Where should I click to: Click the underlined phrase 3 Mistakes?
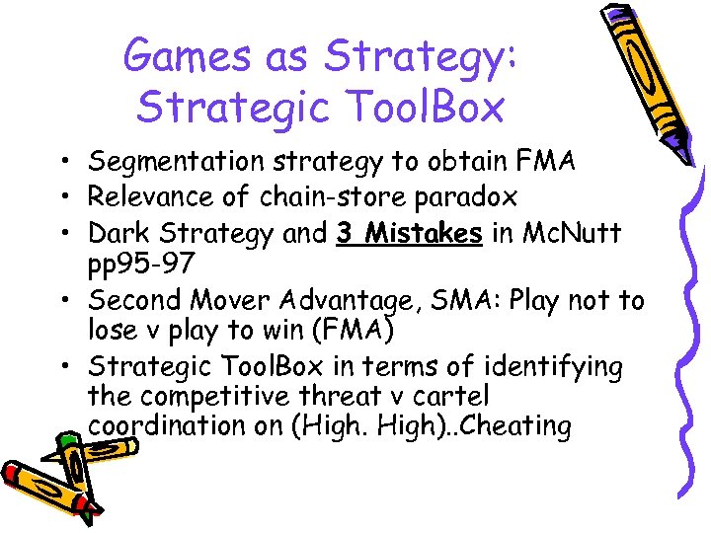click(x=409, y=233)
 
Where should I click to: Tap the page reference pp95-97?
click(x=140, y=265)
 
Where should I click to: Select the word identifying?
click(x=553, y=367)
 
